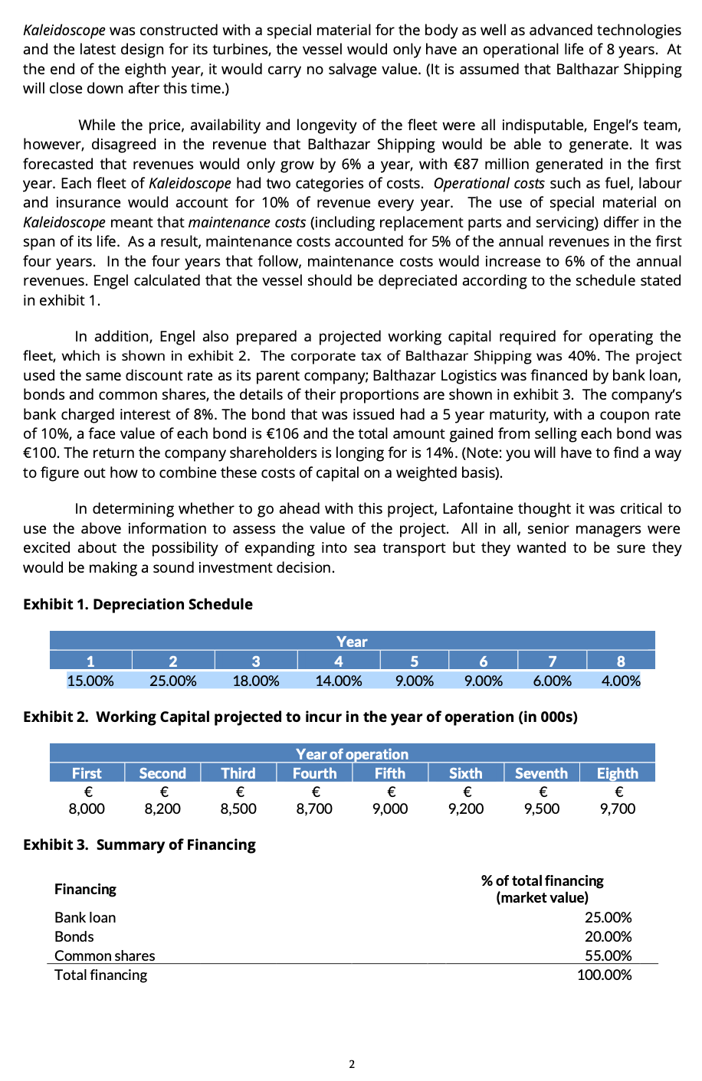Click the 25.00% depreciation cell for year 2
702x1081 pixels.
172,681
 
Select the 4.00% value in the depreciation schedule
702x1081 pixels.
621,681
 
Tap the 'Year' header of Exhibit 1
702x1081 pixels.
352,642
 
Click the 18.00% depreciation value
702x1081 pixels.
255,681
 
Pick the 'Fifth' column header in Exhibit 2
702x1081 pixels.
389,773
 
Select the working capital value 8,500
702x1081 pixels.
238,808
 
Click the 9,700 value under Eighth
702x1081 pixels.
617,808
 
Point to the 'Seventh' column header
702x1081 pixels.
541,773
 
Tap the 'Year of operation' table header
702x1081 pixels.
352,754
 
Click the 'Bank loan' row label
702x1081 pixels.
85,917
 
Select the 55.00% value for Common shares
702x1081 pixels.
608,955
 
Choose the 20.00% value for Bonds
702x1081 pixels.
608,936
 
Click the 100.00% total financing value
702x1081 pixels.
605,975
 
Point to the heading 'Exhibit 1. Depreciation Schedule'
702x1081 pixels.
138,604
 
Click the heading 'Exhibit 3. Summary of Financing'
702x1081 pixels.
139,844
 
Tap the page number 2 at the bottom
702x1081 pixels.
352,1064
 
